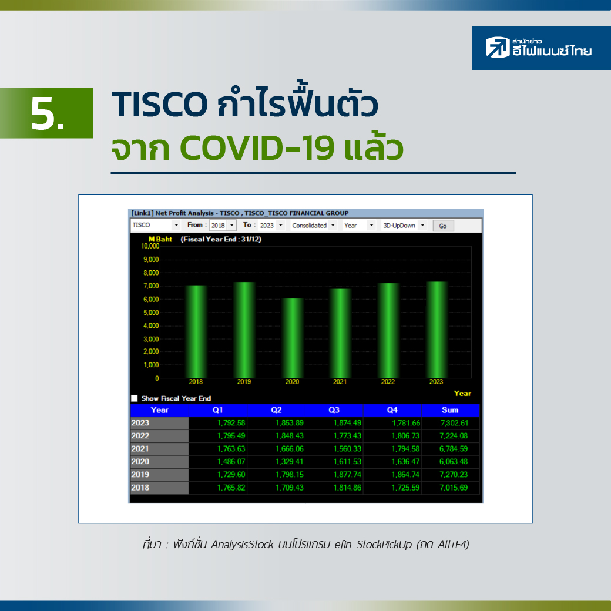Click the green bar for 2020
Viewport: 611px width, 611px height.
(x=292, y=338)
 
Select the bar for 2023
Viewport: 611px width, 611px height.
(x=437, y=330)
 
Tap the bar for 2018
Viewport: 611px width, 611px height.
(x=196, y=331)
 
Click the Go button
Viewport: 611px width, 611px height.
(x=443, y=226)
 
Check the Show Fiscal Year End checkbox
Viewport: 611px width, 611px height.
(x=135, y=398)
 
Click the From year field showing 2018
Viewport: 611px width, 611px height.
(x=218, y=225)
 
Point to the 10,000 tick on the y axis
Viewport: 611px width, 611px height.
(x=150, y=246)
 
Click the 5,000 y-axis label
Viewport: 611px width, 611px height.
(x=151, y=313)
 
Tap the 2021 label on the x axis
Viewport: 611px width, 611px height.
(x=340, y=382)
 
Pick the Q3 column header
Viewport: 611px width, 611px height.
(x=334, y=410)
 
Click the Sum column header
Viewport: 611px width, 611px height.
(x=450, y=410)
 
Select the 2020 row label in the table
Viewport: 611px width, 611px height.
(x=140, y=462)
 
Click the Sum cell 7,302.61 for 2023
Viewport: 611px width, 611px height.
(x=454, y=423)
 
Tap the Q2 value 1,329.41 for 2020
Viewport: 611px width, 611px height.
(x=290, y=462)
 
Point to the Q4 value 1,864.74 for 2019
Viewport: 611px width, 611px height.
(x=405, y=475)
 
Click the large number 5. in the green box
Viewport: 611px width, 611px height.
(x=47, y=114)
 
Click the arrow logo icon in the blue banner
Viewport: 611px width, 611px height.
(x=498, y=47)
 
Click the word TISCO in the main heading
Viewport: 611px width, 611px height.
(x=159, y=104)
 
